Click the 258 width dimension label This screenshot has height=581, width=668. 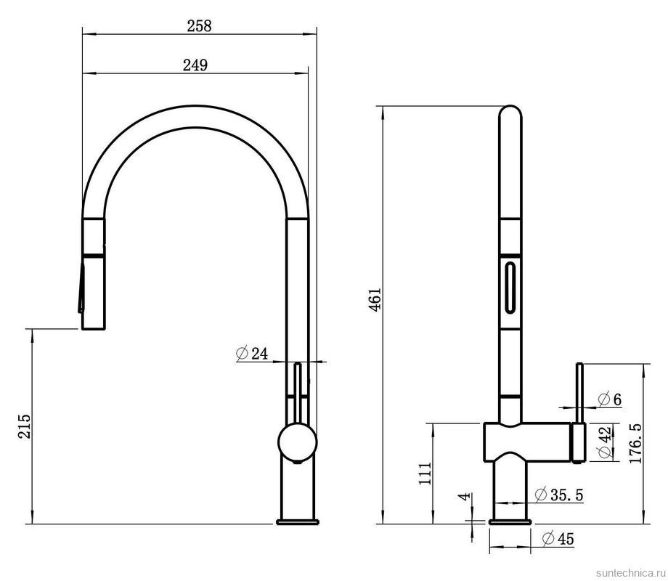pyautogui.click(x=199, y=25)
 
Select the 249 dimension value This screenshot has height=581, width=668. pyautogui.click(x=195, y=65)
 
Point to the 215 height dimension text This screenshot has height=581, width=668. pyautogui.click(x=24, y=426)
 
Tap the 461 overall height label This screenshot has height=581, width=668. pyautogui.click(x=375, y=299)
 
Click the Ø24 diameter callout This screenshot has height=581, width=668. pyautogui.click(x=252, y=354)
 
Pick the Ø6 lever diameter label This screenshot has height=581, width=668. pyautogui.click(x=610, y=399)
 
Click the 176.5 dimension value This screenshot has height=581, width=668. pyautogui.click(x=635, y=444)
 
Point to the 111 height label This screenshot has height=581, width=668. pyautogui.click(x=425, y=474)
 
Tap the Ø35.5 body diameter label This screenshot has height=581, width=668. pyautogui.click(x=559, y=495)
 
